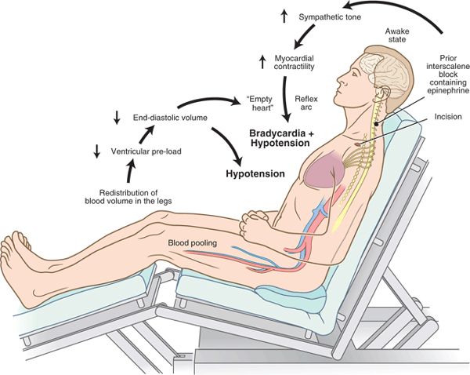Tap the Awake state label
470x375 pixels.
pyautogui.click(x=397, y=35)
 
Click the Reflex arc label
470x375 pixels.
pyautogui.click(x=305, y=104)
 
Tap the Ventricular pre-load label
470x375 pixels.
pyautogui.click(x=146, y=151)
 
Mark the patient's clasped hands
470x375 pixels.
pyautogui.click(x=255, y=224)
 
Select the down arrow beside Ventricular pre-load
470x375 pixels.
pyautogui.click(x=97, y=151)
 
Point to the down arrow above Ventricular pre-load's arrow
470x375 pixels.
pyautogui.click(x=117, y=117)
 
